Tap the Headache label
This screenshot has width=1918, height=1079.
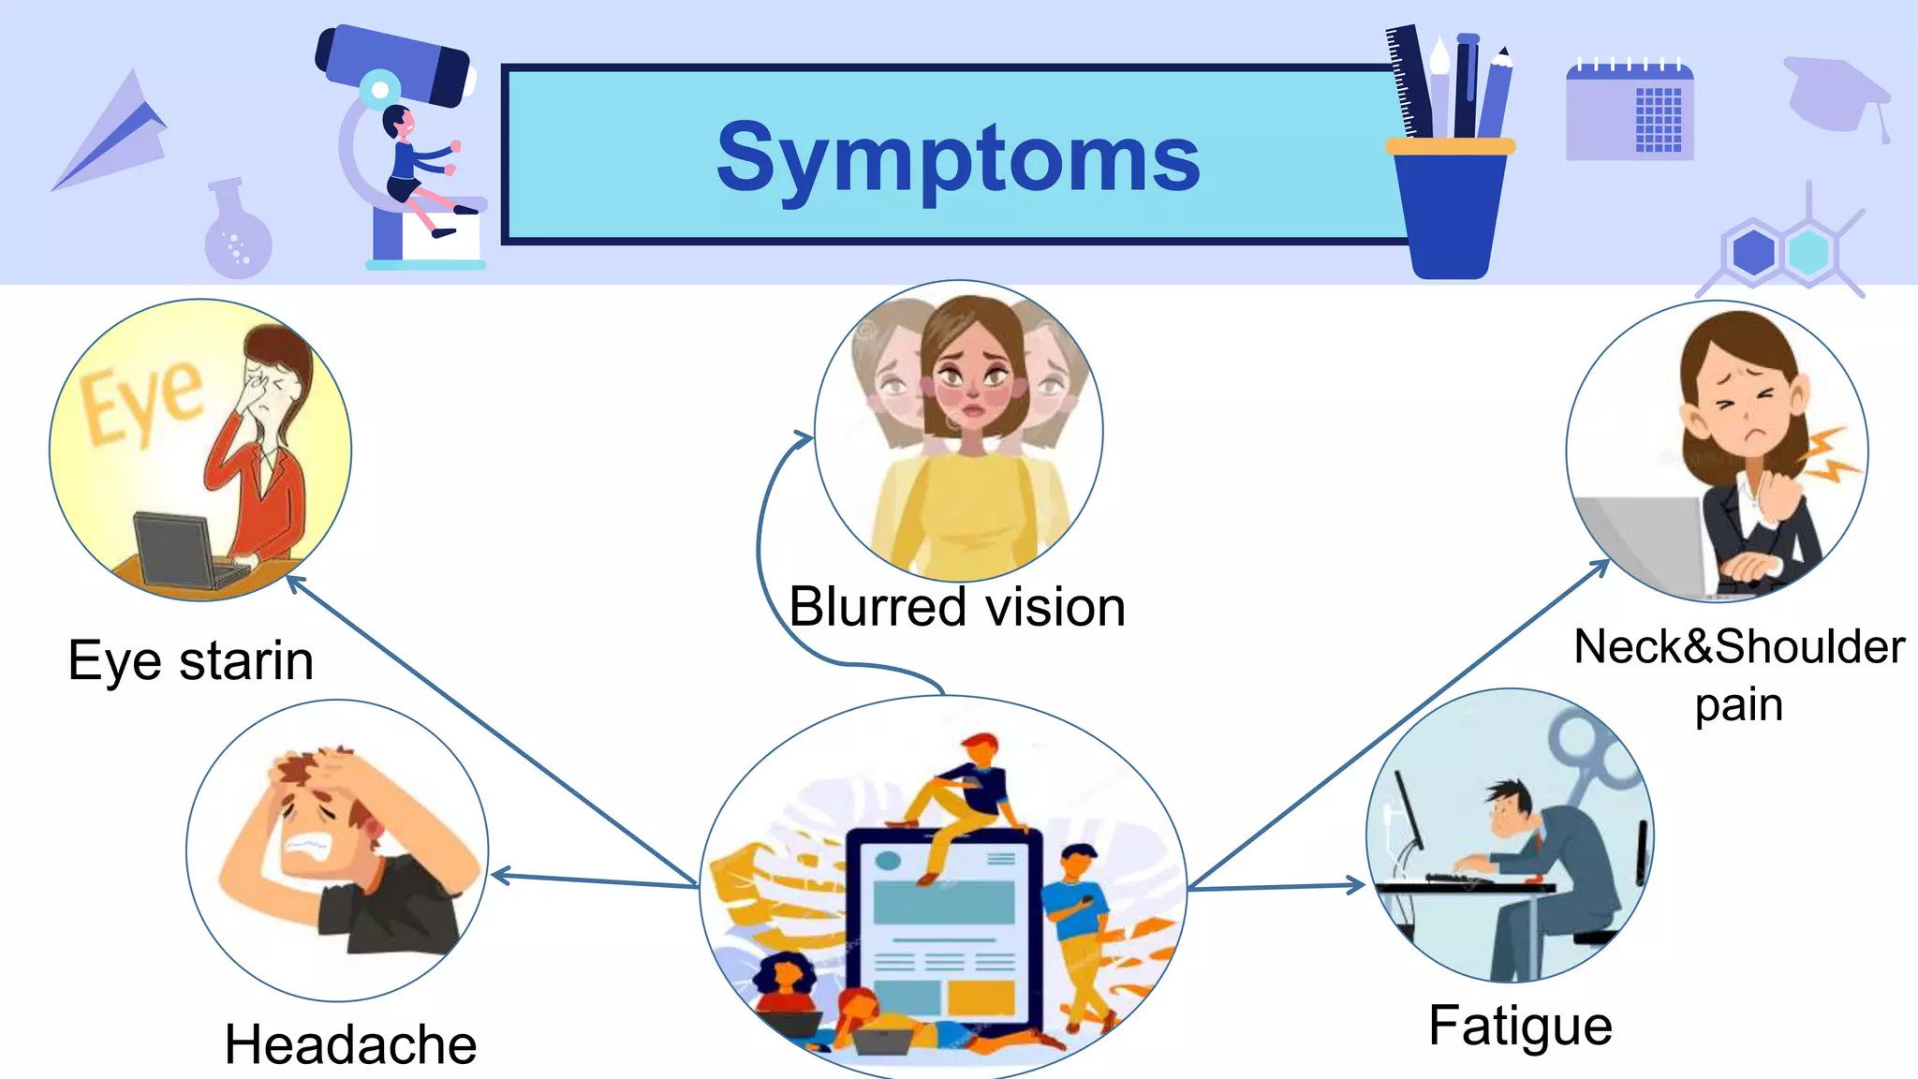click(350, 1043)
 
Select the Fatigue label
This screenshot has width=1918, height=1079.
click(1520, 1025)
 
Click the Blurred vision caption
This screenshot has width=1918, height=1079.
click(956, 607)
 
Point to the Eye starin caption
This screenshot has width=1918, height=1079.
click(190, 660)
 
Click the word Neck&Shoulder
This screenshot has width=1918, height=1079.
click(1739, 646)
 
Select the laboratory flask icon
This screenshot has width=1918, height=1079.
click(237, 234)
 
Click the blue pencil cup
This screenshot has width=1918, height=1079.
click(1450, 211)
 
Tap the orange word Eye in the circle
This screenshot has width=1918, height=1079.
click(140, 403)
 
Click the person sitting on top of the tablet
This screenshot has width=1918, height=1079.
click(965, 796)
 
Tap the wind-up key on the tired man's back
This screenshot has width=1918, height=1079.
click(1592, 749)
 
